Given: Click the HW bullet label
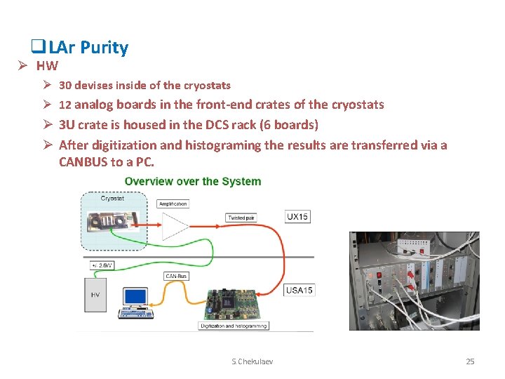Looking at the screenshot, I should click(x=47, y=67).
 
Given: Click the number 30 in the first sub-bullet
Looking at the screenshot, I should click(x=65, y=86).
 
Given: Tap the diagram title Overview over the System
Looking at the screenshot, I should click(x=193, y=181).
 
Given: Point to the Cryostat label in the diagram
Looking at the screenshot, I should click(x=113, y=199).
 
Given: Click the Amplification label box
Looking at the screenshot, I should click(x=173, y=204).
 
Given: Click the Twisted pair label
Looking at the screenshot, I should click(x=241, y=218).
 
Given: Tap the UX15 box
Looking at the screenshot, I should click(x=298, y=216).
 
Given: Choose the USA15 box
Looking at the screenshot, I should click(x=299, y=290).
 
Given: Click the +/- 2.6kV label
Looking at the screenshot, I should click(x=102, y=266).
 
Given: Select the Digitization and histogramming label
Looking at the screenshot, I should click(x=234, y=326).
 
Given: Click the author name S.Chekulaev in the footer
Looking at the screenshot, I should click(x=252, y=361).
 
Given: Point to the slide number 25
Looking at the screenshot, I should click(x=470, y=361).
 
